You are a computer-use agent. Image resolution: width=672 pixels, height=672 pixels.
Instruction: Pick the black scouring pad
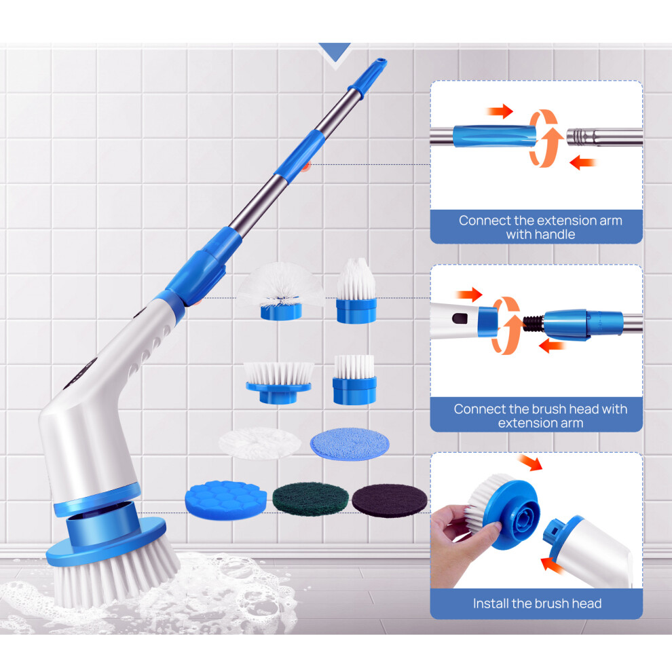(x=390, y=500)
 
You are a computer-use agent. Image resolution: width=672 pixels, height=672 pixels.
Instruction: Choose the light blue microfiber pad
(x=350, y=443)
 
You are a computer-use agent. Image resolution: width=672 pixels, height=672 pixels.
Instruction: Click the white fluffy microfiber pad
(x=260, y=443)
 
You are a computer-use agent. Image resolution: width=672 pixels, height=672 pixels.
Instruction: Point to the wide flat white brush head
(x=278, y=382)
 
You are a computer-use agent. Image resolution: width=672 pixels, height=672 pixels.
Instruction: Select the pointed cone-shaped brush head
(x=356, y=291)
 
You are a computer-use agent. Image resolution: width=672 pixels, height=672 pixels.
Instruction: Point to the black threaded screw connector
(x=534, y=323)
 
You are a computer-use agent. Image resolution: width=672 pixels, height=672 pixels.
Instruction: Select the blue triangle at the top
(x=335, y=52)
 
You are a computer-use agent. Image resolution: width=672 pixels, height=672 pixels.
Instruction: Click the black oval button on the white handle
(x=460, y=319)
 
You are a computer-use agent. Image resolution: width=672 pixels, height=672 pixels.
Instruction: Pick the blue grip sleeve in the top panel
(x=495, y=136)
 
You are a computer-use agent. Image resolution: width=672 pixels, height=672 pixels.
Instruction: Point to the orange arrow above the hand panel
(x=530, y=463)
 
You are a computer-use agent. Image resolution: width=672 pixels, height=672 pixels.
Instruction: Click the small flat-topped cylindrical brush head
(x=354, y=379)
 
